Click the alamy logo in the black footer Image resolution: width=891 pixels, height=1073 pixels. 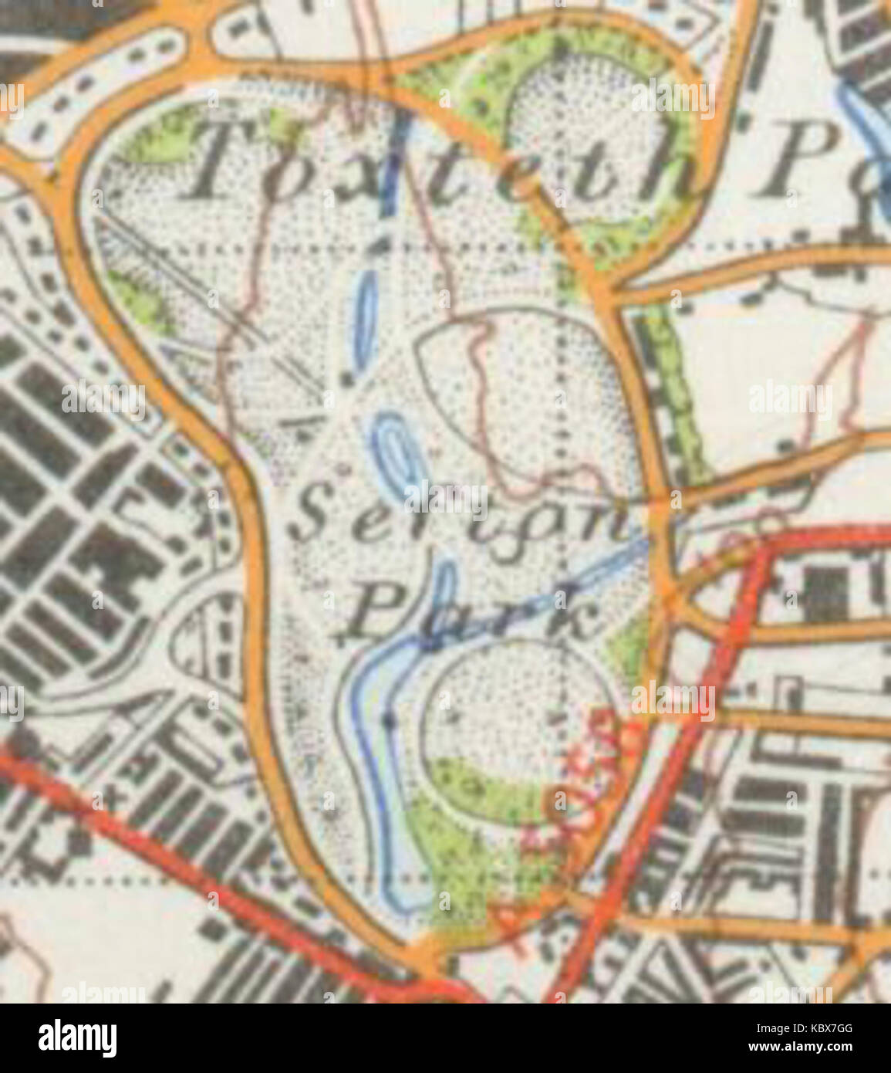(77, 1038)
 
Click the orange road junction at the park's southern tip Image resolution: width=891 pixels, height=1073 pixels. (428, 957)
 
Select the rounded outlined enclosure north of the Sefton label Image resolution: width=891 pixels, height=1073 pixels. (525, 394)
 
